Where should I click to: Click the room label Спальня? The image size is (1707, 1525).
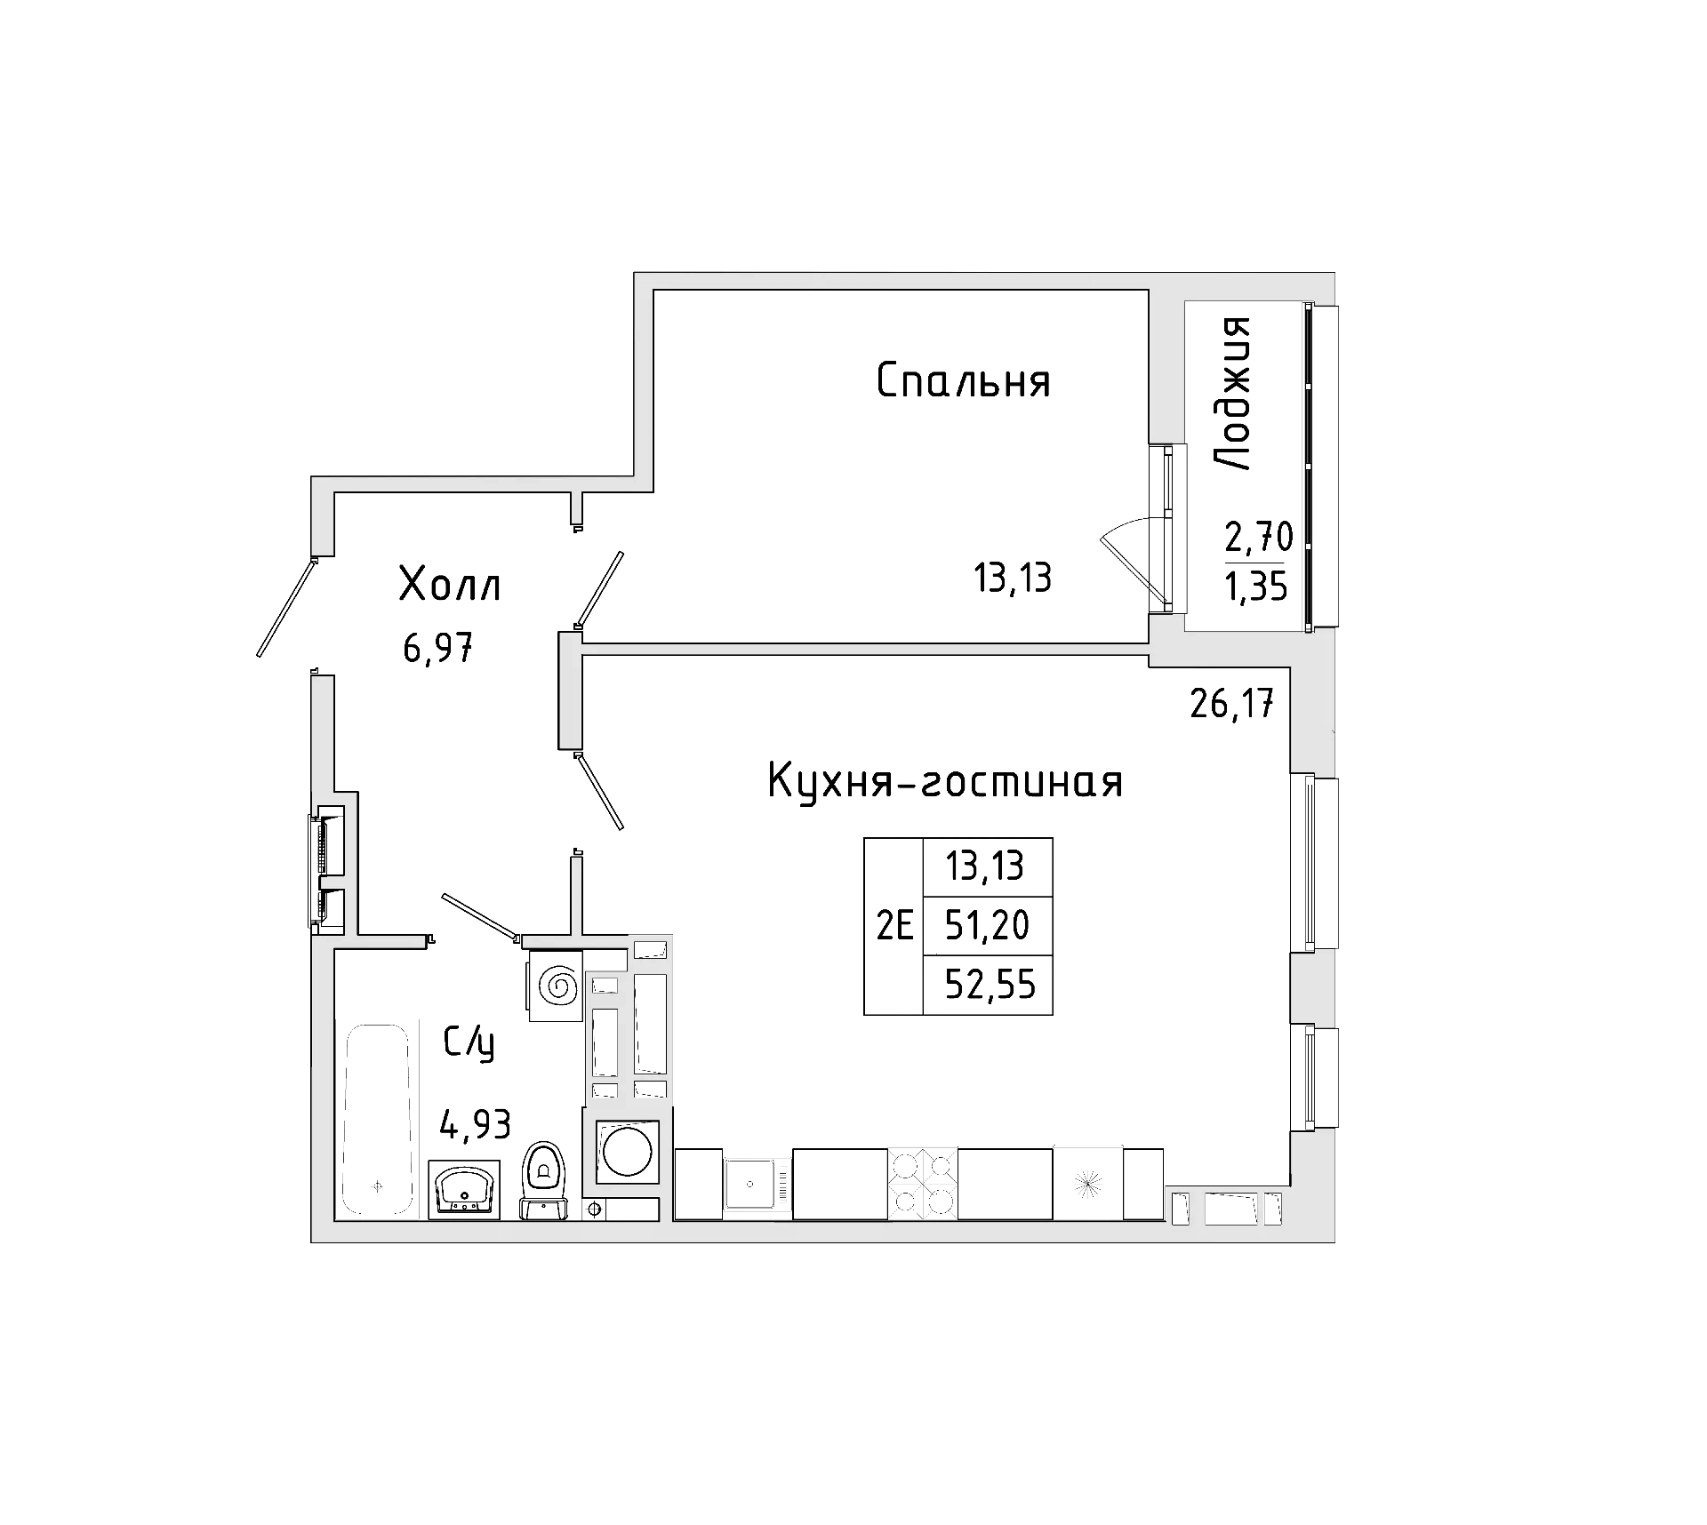[964, 381]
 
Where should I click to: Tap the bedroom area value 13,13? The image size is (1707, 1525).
[1013, 579]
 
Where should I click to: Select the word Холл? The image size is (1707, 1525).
[450, 586]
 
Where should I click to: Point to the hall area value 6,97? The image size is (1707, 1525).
[437, 650]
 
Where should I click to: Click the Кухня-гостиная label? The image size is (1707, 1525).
[944, 782]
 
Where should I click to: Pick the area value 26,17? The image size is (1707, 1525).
[1232, 706]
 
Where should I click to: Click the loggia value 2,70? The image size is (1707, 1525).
[1258, 537]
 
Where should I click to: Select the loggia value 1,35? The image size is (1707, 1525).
[1256, 587]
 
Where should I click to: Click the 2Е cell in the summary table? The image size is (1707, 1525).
[894, 927]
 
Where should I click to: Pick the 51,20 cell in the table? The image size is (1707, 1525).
[987, 926]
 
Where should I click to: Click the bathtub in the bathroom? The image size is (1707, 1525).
[379, 1120]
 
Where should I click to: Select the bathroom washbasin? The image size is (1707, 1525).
[463, 1189]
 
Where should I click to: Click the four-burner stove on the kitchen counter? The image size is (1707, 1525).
[923, 1183]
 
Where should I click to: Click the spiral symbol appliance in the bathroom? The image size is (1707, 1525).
[557, 985]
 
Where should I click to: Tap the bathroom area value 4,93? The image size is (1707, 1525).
[476, 1125]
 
